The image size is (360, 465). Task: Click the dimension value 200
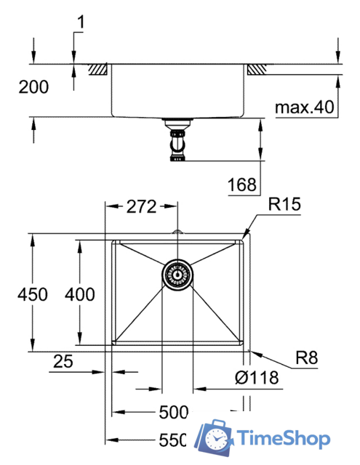33,88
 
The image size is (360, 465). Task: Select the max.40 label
303,108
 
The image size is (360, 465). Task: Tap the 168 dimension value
241,185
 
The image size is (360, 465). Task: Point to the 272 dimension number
142,207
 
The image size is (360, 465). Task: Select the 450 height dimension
33,294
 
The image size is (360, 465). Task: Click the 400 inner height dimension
79,294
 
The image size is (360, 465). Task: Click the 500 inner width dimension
173,412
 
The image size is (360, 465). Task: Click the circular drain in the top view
177,276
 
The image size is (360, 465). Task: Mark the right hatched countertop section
257,69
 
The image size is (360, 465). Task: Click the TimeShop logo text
285,438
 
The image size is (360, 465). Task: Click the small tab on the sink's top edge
177,232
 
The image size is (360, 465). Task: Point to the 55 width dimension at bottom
172,440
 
